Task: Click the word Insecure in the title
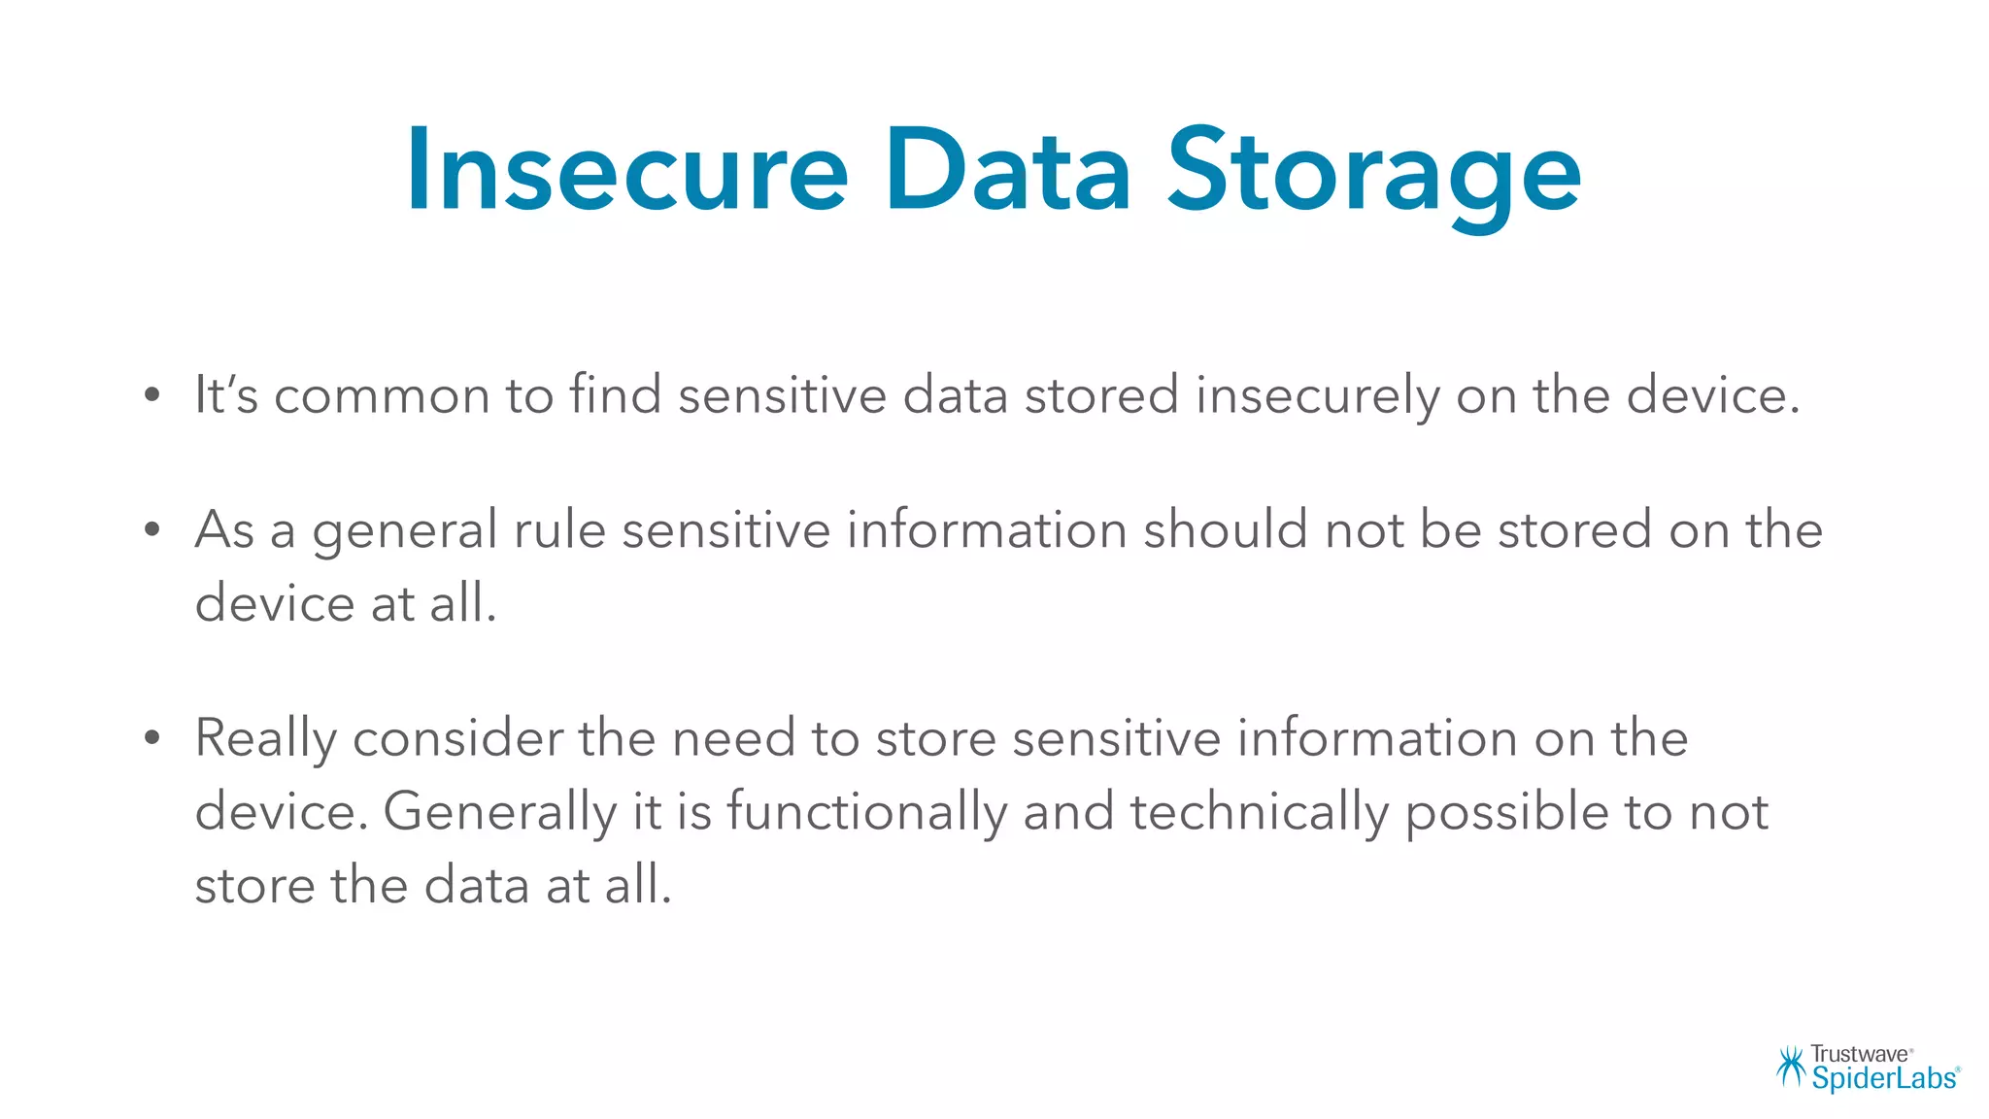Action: pyautogui.click(x=626, y=171)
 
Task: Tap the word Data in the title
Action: pyautogui.click(x=1007, y=171)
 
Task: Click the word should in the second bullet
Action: pyautogui.click(x=1226, y=530)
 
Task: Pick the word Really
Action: pyautogui.click(x=265, y=739)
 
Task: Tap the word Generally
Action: pyautogui.click(x=499, y=813)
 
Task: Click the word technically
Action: pyautogui.click(x=1259, y=813)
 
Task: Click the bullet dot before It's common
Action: pyautogui.click(x=152, y=395)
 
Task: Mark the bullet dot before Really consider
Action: pyautogui.click(x=152, y=738)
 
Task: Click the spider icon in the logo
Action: pyautogui.click(x=1790, y=1067)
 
